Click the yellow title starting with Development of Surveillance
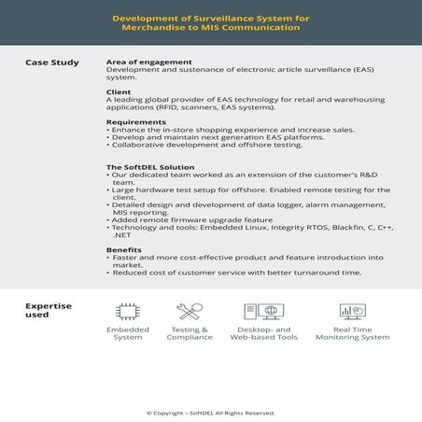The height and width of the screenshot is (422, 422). [211, 22]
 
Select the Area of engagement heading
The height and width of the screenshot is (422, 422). [146, 63]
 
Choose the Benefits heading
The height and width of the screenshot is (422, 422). [125, 249]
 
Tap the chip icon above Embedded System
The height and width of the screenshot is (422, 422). [127, 311]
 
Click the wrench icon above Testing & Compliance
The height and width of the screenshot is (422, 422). [190, 311]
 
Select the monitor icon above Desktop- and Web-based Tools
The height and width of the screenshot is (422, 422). [262, 311]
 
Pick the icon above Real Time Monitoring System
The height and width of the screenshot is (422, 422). [351, 311]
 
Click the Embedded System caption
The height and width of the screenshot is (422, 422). [127, 333]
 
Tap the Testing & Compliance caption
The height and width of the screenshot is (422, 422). [190, 333]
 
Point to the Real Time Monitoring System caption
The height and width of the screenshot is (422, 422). [351, 333]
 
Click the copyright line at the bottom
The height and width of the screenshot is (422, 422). [211, 412]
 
